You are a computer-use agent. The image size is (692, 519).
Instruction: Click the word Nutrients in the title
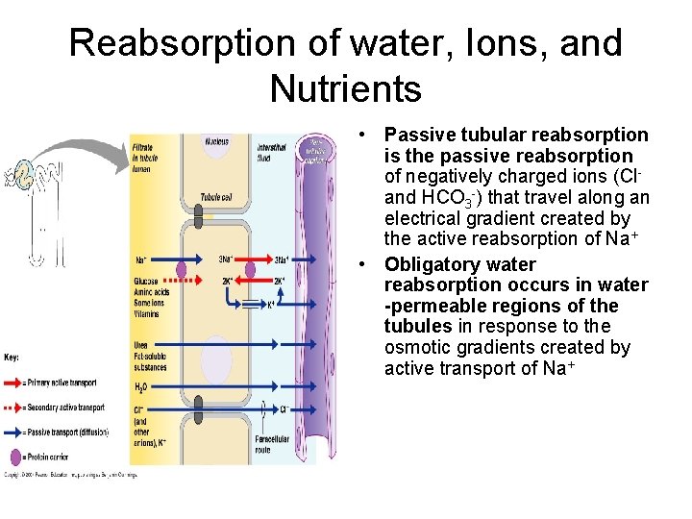pos(346,88)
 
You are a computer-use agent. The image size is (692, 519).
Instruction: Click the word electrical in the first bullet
pos(428,219)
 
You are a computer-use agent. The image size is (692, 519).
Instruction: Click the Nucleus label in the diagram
pos(217,141)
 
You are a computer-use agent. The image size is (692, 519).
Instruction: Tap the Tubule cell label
pos(214,198)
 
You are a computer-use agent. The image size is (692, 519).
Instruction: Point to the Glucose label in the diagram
pos(147,281)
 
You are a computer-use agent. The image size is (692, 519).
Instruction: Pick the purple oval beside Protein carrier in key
pos(14,456)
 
